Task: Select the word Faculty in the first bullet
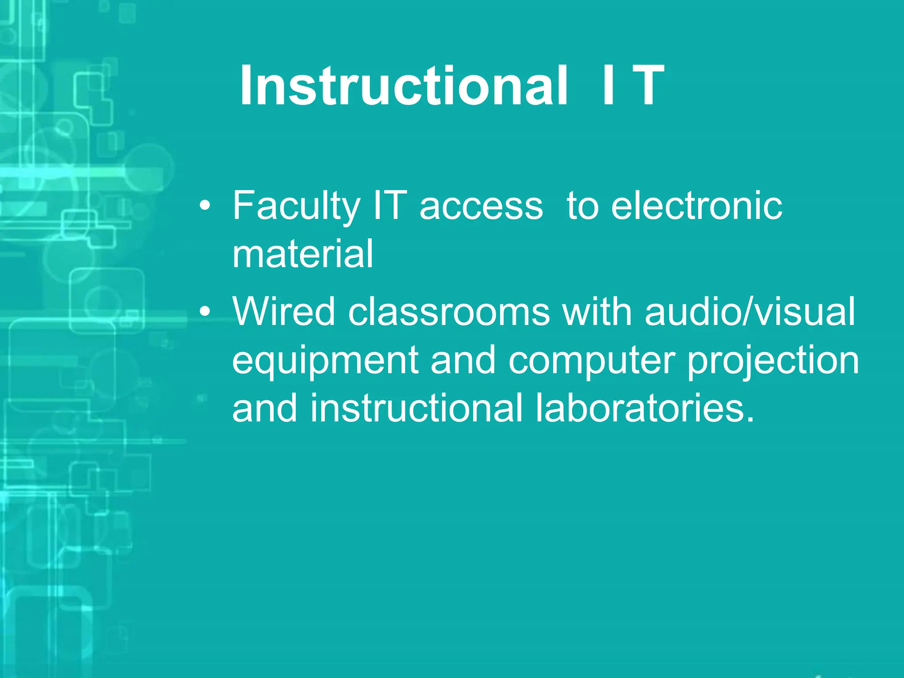coord(296,206)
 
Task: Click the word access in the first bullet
coord(481,207)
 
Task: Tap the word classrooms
coord(449,312)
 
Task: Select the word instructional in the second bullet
coord(416,408)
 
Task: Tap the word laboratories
coord(645,408)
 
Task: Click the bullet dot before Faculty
coord(204,207)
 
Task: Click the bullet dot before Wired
coord(204,313)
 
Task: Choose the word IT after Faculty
coord(389,206)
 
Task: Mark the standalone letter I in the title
coord(608,86)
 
